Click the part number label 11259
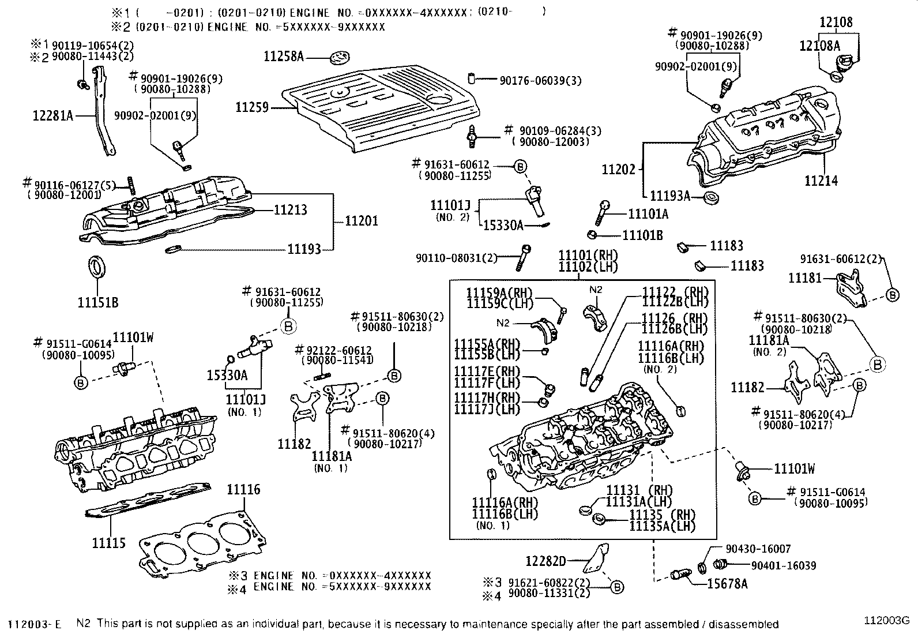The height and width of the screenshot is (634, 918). pos(251,107)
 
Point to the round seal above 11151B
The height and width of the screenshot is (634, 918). pos(97,268)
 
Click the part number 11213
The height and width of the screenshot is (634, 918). pos(290,210)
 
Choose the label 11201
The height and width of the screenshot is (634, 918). pos(362,221)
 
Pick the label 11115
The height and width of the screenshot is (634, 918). pos(108,543)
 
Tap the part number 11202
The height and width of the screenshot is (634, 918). pos(618,170)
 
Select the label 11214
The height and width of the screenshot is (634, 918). pos(821,181)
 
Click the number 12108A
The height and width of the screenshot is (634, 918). pos(819,46)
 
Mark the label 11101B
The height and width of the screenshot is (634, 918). pos(642,235)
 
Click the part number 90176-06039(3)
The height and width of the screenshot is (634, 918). pos(540,81)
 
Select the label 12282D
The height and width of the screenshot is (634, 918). pos(546,560)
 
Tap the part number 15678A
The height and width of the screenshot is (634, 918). pos(727,584)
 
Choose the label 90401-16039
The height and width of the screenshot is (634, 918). pos(783,566)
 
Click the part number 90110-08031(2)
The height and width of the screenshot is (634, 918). pos(456,258)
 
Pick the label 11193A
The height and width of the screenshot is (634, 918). pos(669,196)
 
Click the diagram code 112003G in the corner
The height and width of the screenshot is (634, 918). pos(886,621)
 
